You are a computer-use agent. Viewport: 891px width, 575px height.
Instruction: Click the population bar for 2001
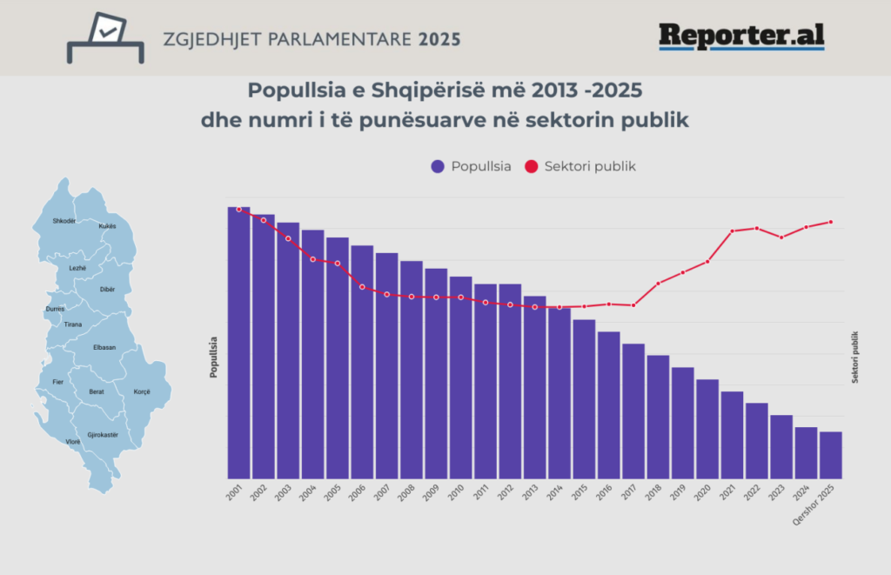[238, 343]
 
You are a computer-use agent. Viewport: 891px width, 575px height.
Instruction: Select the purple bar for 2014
[559, 392]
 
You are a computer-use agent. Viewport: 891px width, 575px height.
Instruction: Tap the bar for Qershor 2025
[830, 454]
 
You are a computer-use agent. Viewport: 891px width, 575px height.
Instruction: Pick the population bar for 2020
[707, 428]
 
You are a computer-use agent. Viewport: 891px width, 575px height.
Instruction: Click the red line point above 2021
[732, 231]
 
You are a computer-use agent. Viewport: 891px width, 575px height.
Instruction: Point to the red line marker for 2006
[362, 286]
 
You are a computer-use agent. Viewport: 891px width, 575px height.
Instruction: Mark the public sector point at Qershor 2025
[831, 222]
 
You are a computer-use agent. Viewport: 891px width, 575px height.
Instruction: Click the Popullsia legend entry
[471, 166]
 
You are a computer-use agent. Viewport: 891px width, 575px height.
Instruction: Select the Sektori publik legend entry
[580, 166]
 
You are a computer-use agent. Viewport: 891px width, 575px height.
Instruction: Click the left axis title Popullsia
[213, 356]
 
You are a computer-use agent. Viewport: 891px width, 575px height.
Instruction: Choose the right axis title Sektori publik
[855, 357]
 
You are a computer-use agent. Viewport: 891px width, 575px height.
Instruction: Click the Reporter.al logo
[741, 37]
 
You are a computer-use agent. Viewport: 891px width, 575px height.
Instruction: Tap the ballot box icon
[106, 37]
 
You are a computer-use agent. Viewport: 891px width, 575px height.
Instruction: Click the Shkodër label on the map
[64, 221]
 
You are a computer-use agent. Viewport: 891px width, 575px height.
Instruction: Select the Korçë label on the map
[141, 391]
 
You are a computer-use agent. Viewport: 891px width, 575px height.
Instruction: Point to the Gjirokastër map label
[103, 433]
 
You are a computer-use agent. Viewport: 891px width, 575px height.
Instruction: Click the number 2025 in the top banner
[440, 40]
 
